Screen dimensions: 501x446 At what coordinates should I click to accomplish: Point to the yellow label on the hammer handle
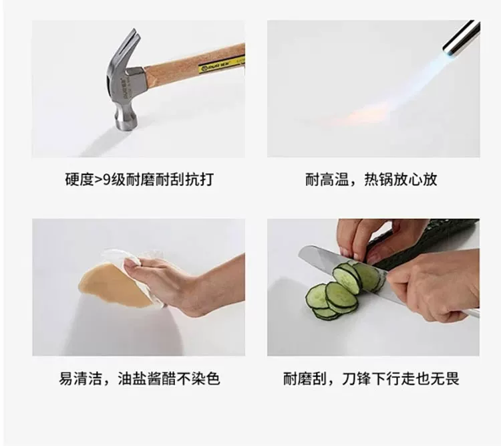pyautogui.click(x=221, y=65)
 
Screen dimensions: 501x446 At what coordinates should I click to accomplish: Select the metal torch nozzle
pyautogui.click(x=462, y=37)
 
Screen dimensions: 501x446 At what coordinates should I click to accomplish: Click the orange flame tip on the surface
pyautogui.click(x=367, y=114)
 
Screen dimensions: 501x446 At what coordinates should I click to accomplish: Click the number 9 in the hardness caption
pyautogui.click(x=106, y=179)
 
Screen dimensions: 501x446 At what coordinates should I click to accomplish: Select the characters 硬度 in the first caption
pyautogui.click(x=79, y=179)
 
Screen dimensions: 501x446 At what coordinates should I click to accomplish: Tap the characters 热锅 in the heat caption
pyautogui.click(x=379, y=179)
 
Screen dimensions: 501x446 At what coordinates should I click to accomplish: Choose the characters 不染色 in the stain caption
pyautogui.click(x=199, y=378)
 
